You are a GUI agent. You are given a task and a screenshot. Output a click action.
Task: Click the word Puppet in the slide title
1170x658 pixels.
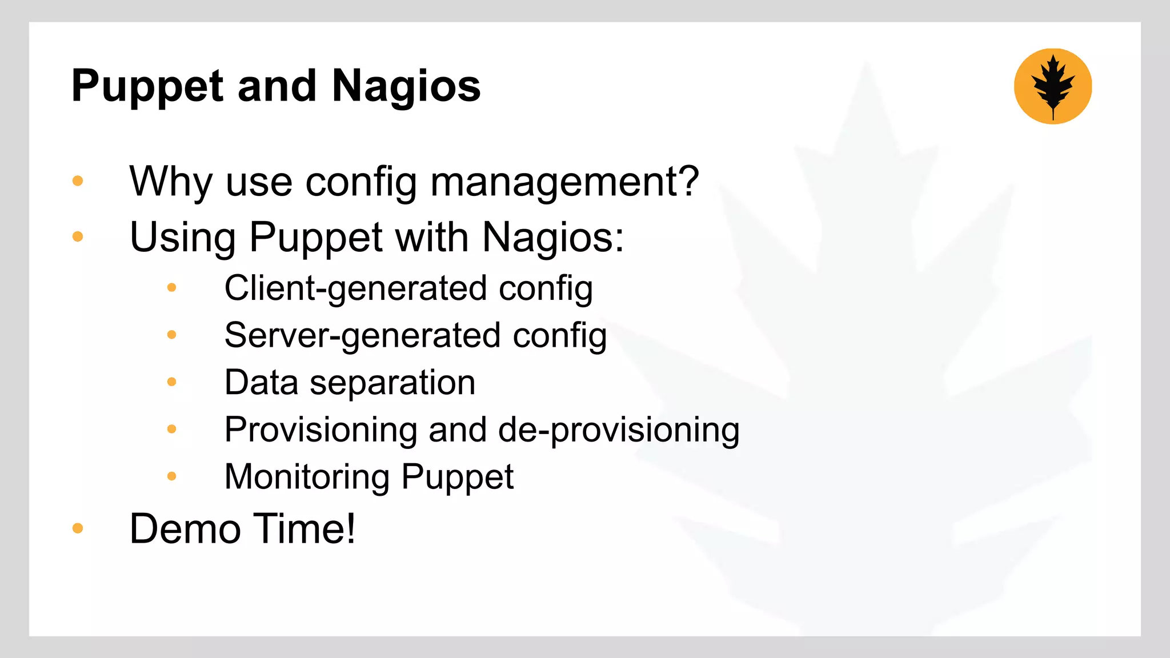pyautogui.click(x=147, y=87)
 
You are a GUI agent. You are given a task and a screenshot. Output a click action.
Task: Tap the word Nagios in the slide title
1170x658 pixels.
pyautogui.click(x=406, y=87)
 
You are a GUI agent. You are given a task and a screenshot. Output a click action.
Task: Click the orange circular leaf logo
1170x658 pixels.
pyautogui.click(x=1053, y=86)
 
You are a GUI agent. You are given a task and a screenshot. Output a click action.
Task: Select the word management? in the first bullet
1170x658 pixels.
pyautogui.click(x=564, y=182)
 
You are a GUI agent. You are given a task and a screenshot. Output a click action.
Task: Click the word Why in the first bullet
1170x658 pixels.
pyautogui.click(x=171, y=182)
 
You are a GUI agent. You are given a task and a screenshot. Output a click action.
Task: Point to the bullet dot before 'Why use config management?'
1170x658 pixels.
pyautogui.click(x=78, y=182)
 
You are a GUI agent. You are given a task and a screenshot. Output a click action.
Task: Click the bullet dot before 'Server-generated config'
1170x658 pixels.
pyautogui.click(x=172, y=335)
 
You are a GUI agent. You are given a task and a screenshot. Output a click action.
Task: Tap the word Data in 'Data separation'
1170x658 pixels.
pyautogui.click(x=261, y=382)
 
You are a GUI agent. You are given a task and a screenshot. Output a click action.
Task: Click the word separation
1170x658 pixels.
pyautogui.click(x=392, y=383)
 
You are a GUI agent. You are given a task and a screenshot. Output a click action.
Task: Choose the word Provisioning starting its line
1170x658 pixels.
pyautogui.click(x=320, y=430)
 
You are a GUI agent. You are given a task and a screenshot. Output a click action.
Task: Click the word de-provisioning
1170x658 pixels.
pyautogui.click(x=619, y=430)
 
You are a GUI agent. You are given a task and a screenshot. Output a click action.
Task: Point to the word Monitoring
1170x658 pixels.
pyautogui.click(x=307, y=477)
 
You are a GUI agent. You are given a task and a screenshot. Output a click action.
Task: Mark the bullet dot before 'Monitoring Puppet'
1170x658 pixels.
pyautogui.click(x=172, y=476)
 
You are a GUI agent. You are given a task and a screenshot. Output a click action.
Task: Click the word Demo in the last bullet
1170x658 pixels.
pyautogui.click(x=185, y=529)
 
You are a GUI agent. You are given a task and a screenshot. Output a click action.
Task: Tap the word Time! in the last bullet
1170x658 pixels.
pyautogui.click(x=304, y=529)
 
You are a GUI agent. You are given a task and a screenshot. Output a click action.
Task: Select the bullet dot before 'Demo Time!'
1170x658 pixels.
pyautogui.click(x=78, y=528)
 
